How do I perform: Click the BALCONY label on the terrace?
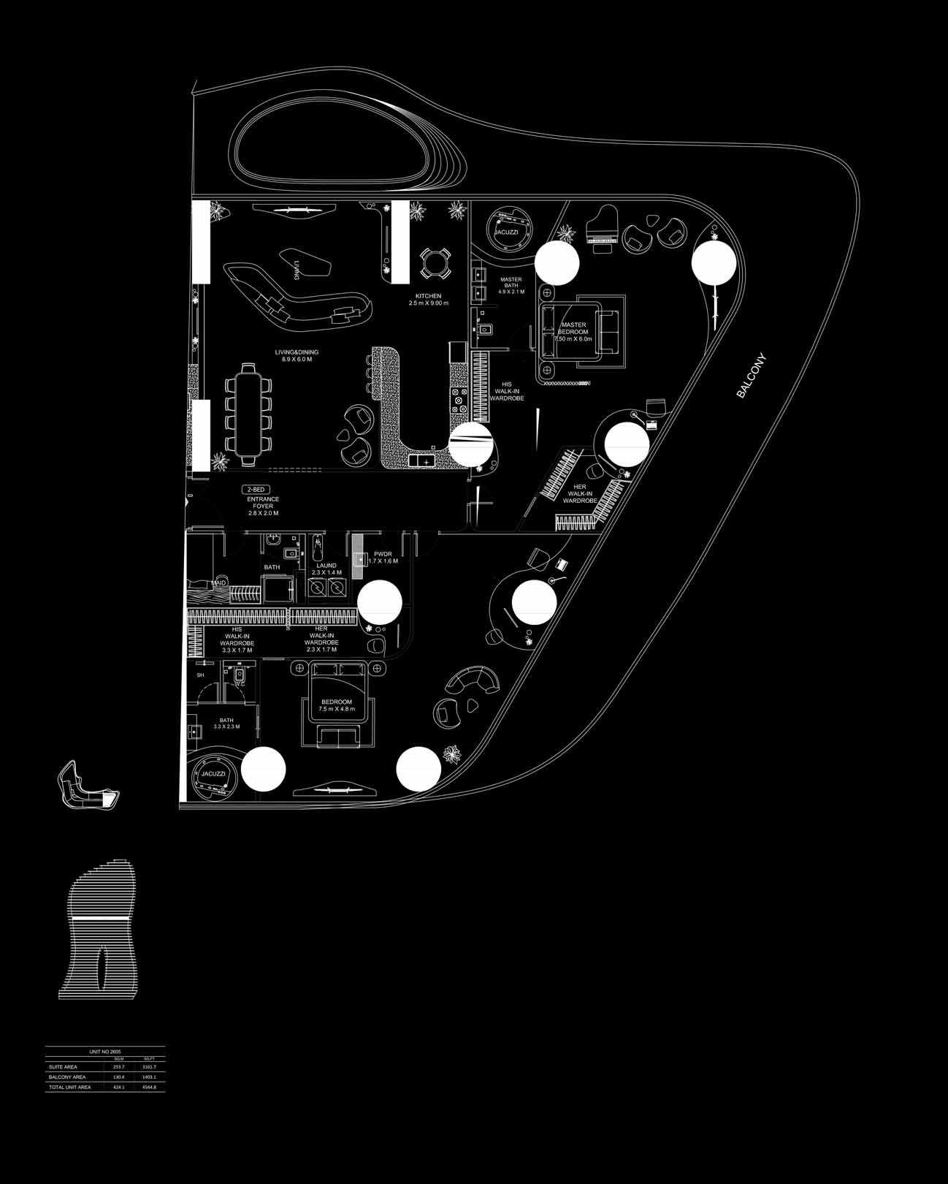click(x=752, y=376)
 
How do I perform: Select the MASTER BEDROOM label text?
click(x=573, y=332)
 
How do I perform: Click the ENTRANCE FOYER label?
click(x=263, y=506)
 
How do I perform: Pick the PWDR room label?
click(x=383, y=557)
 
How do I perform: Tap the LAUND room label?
click(x=326, y=569)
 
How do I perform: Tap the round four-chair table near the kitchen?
click(x=436, y=264)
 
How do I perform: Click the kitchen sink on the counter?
click(x=421, y=460)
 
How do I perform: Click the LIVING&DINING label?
click(x=297, y=356)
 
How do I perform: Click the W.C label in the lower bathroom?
click(x=239, y=674)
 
